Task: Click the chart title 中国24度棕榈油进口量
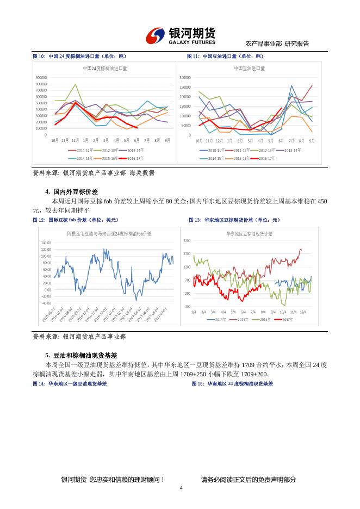coord(105,69)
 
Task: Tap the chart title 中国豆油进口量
coord(250,69)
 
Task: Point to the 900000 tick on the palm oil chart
coord(41,78)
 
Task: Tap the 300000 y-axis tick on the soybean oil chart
coord(185,78)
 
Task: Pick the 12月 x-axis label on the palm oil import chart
coord(76,140)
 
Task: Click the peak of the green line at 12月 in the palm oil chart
coord(76,84)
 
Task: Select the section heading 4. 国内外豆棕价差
coord(71,192)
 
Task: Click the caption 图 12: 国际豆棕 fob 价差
coord(76,220)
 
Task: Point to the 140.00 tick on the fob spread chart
coord(46,243)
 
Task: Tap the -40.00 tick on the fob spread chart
coord(46,303)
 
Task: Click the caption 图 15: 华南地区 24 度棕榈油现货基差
coord(232,383)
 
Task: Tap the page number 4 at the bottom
coord(181,487)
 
